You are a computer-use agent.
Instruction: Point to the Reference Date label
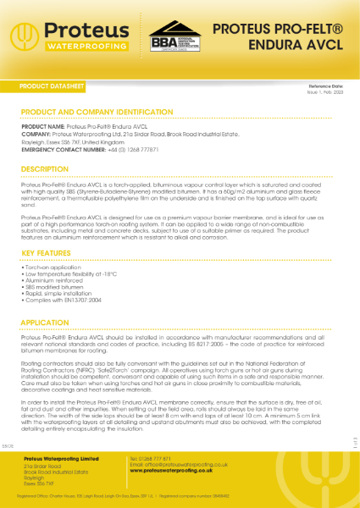click(x=326, y=86)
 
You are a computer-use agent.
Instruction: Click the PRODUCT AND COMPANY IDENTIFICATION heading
click(x=96, y=111)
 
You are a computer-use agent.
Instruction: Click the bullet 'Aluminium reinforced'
click(x=51, y=280)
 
